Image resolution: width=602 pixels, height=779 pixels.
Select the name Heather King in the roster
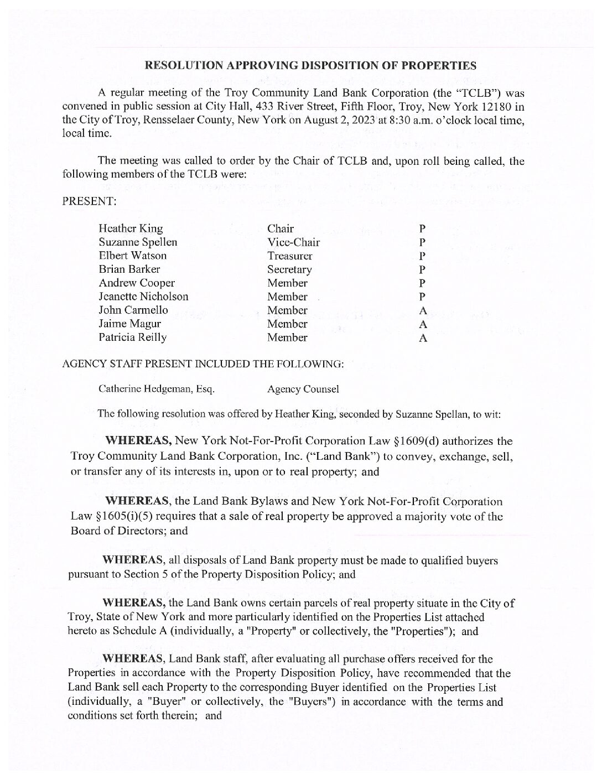point(131,228)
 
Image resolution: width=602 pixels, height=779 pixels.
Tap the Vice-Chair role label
point(293,242)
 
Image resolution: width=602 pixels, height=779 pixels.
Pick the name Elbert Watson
point(132,256)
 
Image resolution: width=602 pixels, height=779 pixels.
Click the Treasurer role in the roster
point(289,256)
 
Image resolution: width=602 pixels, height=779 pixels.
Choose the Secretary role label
point(289,269)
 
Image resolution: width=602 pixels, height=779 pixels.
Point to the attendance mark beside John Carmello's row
point(423,311)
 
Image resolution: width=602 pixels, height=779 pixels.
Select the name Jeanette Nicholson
point(143,297)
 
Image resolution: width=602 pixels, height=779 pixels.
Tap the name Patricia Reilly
point(132,337)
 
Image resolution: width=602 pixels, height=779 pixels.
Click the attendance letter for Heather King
point(422,229)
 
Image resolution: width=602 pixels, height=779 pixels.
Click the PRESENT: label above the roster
point(89,201)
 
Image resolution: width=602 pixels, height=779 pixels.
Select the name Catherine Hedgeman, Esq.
point(156,389)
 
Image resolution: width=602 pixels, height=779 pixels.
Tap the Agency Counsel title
point(303,389)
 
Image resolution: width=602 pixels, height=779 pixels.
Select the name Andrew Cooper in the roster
point(137,283)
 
